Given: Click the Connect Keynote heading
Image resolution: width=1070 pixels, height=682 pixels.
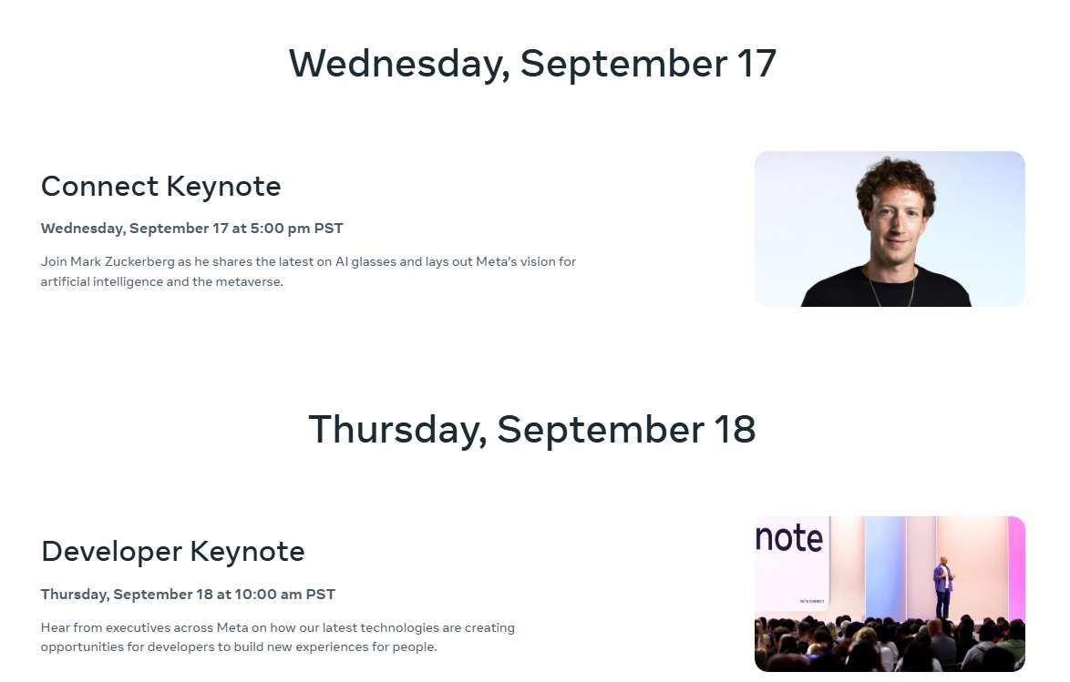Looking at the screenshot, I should click(160, 187).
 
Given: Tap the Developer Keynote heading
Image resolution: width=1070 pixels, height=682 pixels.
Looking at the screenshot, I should click(172, 552).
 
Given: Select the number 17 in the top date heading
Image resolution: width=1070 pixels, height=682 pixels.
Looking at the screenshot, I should click(756, 64).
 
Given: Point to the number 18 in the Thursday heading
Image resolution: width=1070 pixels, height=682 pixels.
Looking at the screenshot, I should click(735, 430).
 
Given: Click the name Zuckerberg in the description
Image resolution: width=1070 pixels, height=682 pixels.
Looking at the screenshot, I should click(139, 262).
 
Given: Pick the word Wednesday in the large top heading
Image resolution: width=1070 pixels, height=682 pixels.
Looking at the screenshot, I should click(399, 64).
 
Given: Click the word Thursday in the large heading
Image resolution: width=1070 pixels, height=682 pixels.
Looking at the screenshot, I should click(397, 430).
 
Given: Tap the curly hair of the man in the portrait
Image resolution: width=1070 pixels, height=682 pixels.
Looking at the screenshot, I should click(895, 178).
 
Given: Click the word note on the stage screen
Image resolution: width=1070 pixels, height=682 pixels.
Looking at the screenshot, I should click(789, 538).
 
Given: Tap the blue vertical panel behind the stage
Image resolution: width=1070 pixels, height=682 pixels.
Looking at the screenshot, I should click(884, 565).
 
